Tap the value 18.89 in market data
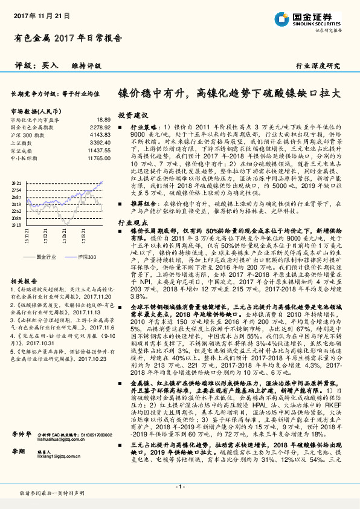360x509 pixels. (x=103, y=121)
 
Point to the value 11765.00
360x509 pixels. (x=98, y=157)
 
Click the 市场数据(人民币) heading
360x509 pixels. (x=35, y=112)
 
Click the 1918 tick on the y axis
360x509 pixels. (x=16, y=224)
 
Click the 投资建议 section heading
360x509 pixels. (x=133, y=115)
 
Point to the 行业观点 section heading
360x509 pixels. (x=132, y=224)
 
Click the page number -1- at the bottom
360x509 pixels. (x=180, y=487)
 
